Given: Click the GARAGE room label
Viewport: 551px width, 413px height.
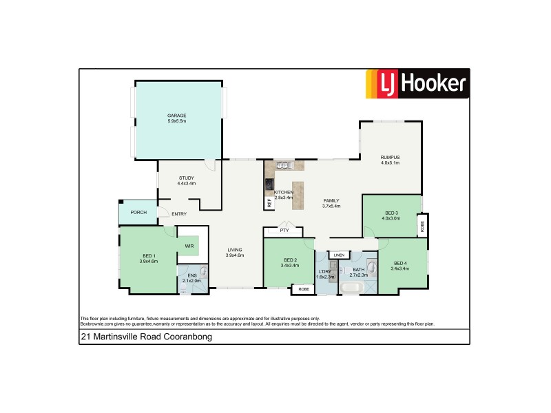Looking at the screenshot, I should coord(177,115).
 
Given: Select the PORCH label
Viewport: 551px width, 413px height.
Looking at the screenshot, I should coord(138,212).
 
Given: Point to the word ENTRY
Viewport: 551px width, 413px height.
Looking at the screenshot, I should coord(179,214).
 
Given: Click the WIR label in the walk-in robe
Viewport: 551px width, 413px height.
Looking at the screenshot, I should coord(188,246).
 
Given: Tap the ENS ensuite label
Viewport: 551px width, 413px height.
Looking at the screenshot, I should coord(191,276).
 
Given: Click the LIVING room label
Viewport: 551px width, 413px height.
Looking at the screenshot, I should coord(236,250).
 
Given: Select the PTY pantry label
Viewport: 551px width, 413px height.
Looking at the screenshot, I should coord(283,231).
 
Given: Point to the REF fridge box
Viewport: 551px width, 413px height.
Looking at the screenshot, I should coord(269,202).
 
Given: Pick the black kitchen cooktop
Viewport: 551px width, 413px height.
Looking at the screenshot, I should coord(269,184).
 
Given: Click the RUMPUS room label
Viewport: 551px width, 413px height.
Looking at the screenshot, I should coord(390,158).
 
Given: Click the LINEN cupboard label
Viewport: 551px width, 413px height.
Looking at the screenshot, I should coord(337,255).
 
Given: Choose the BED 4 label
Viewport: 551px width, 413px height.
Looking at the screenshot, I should coord(400,264).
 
